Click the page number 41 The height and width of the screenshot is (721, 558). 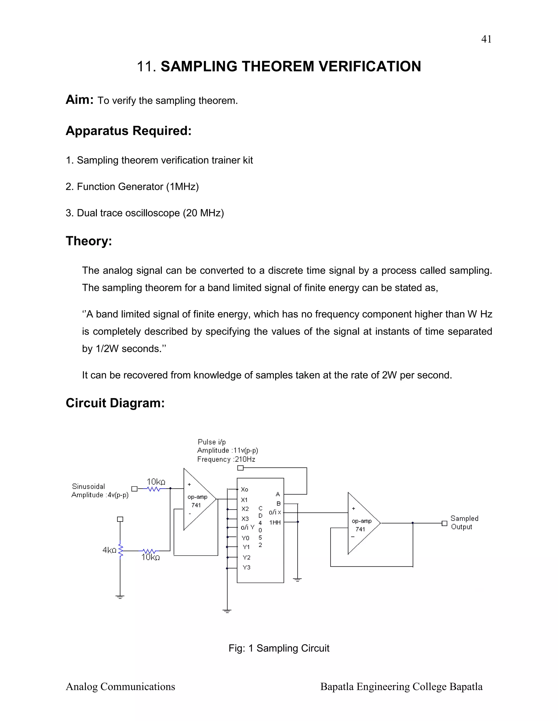pyautogui.click(x=486, y=39)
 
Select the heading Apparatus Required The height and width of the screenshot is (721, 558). pyautogui.click(x=129, y=131)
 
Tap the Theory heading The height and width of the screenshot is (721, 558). pyautogui.click(x=89, y=241)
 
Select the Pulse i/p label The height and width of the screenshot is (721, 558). pyautogui.click(x=211, y=442)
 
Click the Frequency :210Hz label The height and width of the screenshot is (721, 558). pyautogui.click(x=226, y=459)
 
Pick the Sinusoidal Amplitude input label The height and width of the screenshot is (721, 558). pyautogui.click(x=100, y=491)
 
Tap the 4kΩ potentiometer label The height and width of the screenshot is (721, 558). pyautogui.click(x=110, y=550)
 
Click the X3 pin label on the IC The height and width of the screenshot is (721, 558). pyautogui.click(x=245, y=519)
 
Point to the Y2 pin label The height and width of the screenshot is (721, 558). pyautogui.click(x=246, y=557)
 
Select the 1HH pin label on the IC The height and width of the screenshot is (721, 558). pyautogui.click(x=275, y=522)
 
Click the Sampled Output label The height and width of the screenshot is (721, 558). pyautogui.click(x=464, y=523)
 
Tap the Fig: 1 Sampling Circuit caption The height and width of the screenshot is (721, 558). pyautogui.click(x=279, y=648)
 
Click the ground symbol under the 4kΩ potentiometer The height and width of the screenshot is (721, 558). pyautogui.click(x=120, y=597)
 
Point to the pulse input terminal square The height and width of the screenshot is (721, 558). pyautogui.click(x=241, y=468)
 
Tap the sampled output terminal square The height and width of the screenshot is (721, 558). pyautogui.click(x=445, y=523)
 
